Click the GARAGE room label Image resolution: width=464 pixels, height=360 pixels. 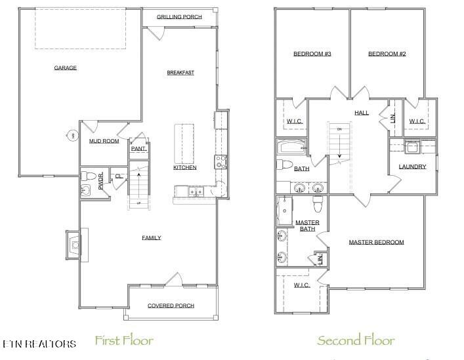point(65,68)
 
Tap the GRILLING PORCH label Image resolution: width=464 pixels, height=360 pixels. point(179,17)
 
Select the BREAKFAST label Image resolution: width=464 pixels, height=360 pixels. point(180,72)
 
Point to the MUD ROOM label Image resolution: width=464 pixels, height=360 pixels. point(103,140)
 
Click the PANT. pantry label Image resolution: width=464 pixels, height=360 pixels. point(138,149)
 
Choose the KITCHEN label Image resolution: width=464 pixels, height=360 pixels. point(184,168)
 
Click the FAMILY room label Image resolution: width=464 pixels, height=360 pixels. point(151,237)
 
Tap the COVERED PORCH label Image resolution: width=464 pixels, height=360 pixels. point(170,306)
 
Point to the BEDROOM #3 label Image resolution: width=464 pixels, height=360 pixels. point(311,54)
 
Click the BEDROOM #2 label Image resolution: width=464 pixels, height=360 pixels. point(387,54)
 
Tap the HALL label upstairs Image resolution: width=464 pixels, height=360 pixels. point(361,112)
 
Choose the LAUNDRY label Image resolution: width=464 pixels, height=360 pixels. point(412,167)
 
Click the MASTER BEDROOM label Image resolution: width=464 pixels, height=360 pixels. point(376,242)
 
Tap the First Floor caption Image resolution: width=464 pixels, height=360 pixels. point(124,340)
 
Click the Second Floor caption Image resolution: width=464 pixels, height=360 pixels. point(356,340)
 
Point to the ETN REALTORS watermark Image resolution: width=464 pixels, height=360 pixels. point(39,343)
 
